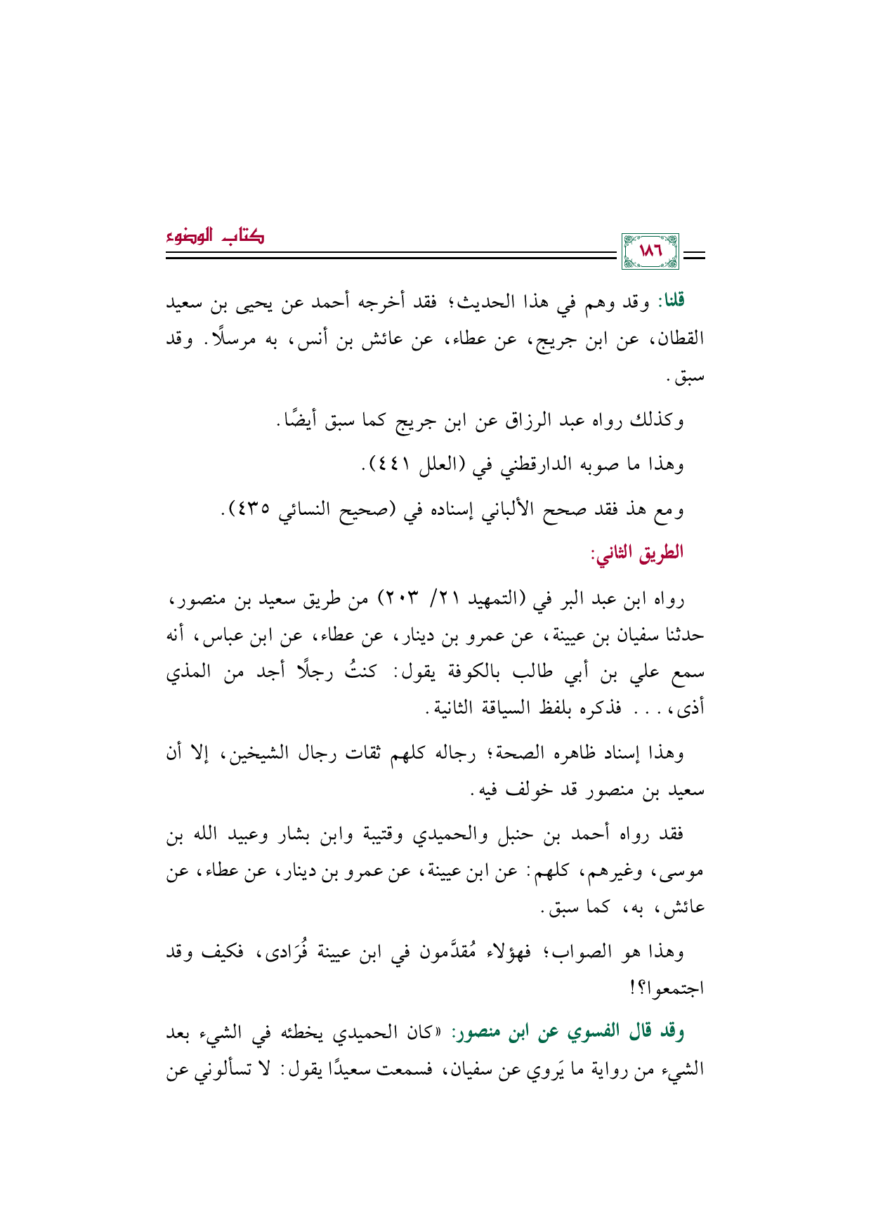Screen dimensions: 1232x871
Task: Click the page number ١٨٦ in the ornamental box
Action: [650, 251]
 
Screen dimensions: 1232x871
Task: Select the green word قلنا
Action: [669, 302]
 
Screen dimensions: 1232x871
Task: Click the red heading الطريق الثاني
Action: [637, 553]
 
